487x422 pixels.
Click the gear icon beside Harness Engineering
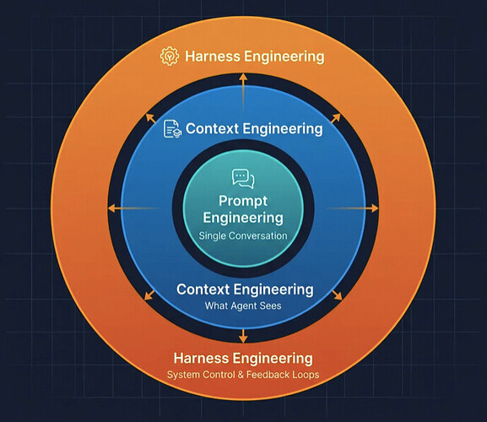tap(170, 56)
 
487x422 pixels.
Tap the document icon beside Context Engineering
tap(172, 129)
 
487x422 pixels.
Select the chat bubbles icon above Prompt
tap(243, 179)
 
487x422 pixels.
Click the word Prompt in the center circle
tap(243, 201)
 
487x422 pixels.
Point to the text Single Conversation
tap(243, 235)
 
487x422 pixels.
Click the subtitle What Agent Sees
tap(243, 306)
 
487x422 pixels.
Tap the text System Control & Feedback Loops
tap(243, 375)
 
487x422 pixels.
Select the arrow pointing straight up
tap(243, 93)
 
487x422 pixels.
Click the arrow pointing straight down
tap(243, 335)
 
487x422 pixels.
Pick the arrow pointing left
tap(133, 208)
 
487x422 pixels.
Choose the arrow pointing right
tap(352, 208)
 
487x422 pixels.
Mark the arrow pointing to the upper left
tap(151, 118)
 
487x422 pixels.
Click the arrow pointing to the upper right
tap(336, 118)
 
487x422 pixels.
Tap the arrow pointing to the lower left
tap(149, 295)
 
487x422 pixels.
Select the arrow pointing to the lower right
tap(338, 295)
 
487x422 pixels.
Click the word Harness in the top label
tap(213, 57)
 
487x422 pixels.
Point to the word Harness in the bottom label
tap(201, 358)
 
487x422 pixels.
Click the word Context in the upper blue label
tap(212, 128)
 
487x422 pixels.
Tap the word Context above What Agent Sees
tap(203, 289)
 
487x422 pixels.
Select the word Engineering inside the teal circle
tap(243, 218)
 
